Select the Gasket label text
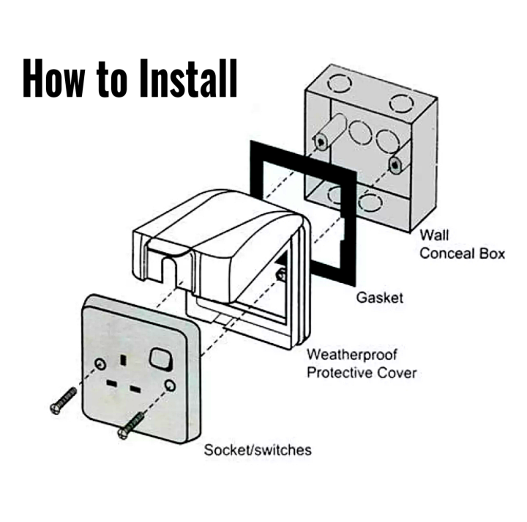380,298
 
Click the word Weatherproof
351,355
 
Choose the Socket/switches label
258,449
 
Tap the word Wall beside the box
434,236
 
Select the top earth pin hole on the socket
130,361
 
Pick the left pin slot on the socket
113,383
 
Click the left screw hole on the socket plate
98,363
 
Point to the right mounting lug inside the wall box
395,163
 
